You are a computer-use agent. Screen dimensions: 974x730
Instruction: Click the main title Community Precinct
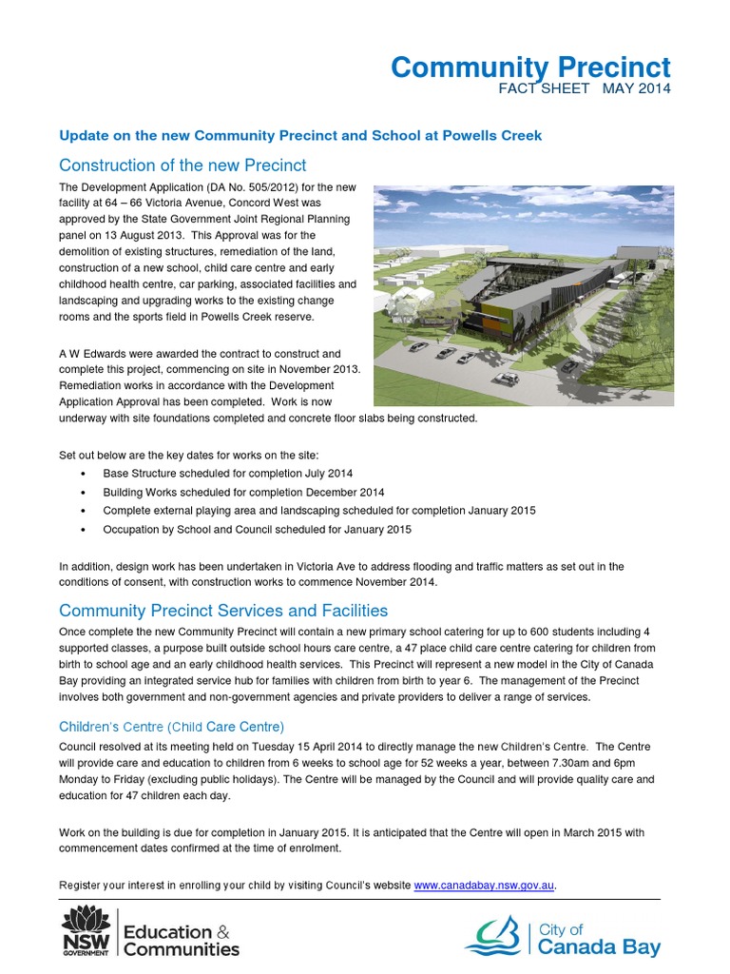coord(530,68)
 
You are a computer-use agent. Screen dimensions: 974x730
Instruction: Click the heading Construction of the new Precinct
coord(182,165)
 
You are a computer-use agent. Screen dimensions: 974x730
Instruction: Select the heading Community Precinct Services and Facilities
coord(223,610)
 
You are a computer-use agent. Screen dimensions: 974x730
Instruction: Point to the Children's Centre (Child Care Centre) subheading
coord(171,728)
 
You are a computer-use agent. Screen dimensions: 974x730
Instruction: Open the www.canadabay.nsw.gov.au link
coord(484,886)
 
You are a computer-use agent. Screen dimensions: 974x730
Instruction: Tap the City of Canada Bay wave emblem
coord(497,935)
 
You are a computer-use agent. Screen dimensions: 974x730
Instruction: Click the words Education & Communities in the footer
coord(182,940)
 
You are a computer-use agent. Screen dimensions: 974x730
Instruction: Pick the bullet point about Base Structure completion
coord(220,474)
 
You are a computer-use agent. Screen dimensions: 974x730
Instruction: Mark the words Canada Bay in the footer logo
coord(599,947)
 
